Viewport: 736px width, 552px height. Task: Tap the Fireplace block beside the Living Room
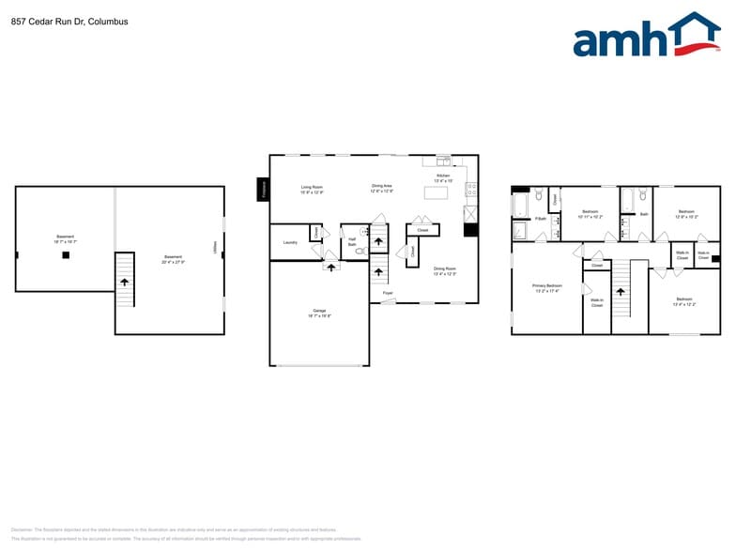tap(263, 189)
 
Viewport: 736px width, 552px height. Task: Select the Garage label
tap(319, 313)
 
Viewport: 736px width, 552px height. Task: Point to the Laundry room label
tap(290, 242)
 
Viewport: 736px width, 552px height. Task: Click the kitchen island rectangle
tap(437, 192)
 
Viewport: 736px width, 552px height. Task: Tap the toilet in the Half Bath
tap(360, 252)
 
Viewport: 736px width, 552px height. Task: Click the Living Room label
tap(312, 188)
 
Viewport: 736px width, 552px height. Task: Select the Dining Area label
tap(382, 187)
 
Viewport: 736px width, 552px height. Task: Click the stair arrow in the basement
tap(124, 269)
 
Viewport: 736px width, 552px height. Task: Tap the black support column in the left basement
tap(65, 254)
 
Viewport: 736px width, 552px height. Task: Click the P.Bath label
tap(541, 219)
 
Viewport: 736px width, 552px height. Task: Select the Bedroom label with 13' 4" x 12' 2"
tap(683, 301)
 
